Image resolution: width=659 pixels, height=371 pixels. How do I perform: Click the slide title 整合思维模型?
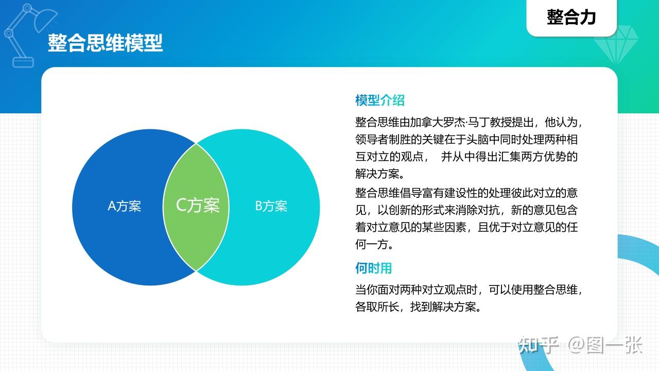pyautogui.click(x=105, y=43)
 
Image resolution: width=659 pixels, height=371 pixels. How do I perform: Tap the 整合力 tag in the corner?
pyautogui.click(x=571, y=17)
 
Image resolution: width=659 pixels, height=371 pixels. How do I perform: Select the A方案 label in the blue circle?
pyautogui.click(x=125, y=206)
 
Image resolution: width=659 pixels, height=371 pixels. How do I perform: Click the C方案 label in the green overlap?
pyautogui.click(x=198, y=205)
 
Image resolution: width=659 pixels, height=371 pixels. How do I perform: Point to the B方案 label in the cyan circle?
pyautogui.click(x=271, y=206)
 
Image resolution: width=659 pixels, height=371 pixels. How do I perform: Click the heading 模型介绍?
pyautogui.click(x=380, y=100)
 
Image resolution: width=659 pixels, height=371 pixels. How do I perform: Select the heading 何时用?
pyautogui.click(x=374, y=268)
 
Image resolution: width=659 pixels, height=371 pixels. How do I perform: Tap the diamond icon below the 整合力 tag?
pyautogui.click(x=616, y=45)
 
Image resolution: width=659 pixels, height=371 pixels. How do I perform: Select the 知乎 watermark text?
pyautogui.click(x=539, y=345)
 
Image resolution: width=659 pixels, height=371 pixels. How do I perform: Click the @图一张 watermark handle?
pyautogui.click(x=605, y=345)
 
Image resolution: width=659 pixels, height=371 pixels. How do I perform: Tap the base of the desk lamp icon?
pyautogui.click(x=23, y=62)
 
